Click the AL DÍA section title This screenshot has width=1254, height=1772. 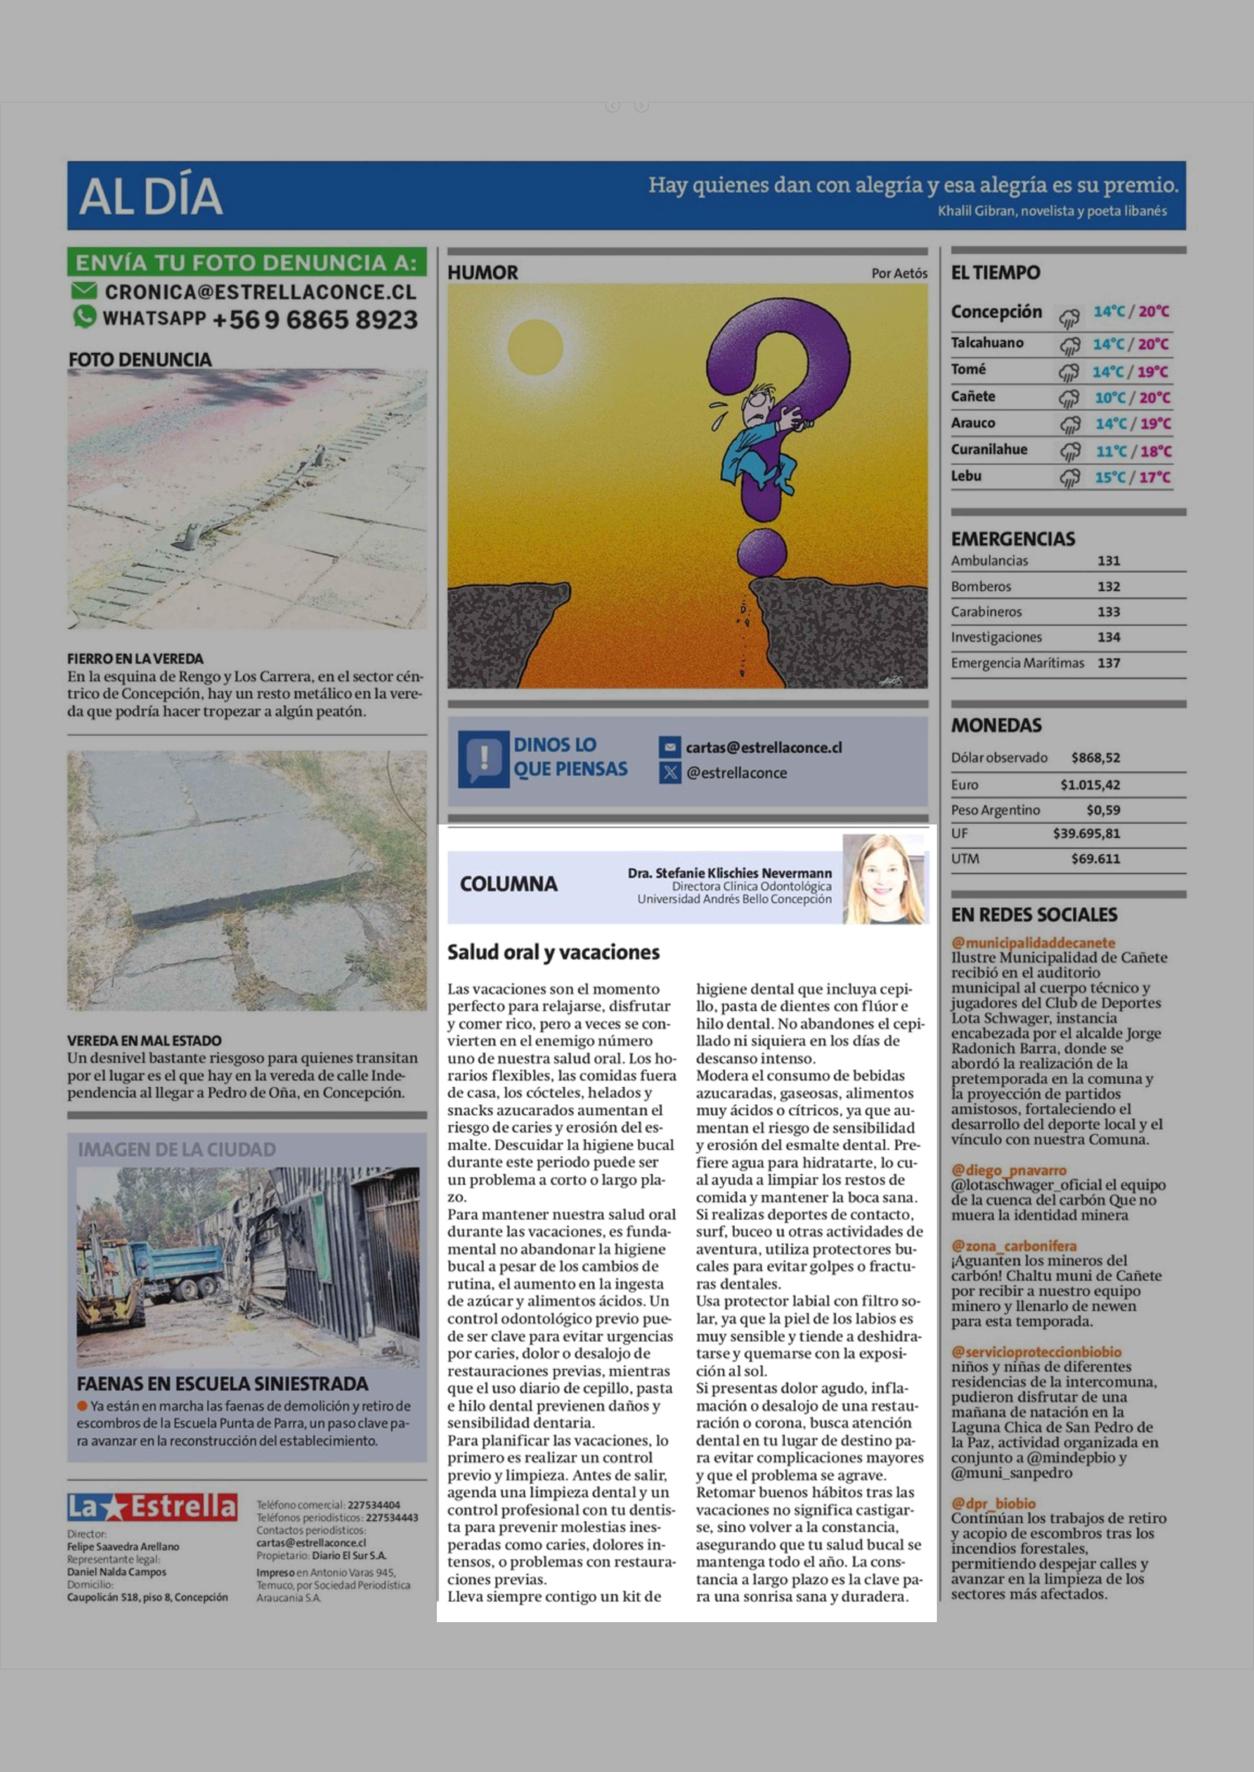click(151, 196)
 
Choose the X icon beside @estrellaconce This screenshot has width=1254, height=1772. click(669, 772)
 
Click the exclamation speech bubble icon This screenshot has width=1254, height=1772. click(483, 759)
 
